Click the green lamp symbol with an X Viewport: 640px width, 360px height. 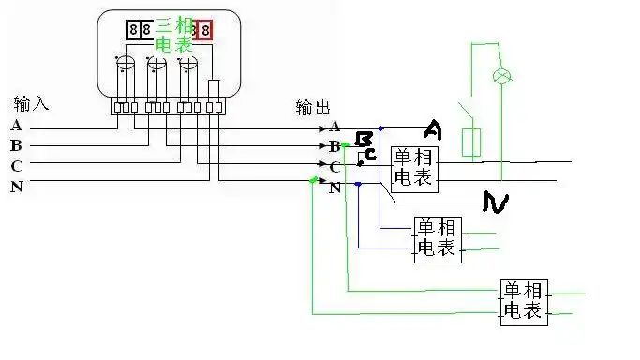pyautogui.click(x=501, y=75)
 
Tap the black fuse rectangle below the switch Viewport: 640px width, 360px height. pyautogui.click(x=472, y=142)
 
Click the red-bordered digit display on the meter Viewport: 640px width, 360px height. pyautogui.click(x=203, y=30)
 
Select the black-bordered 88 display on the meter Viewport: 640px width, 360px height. pyautogui.click(x=140, y=30)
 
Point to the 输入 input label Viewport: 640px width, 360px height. pyautogui.click(x=30, y=102)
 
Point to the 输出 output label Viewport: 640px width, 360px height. pyautogui.click(x=312, y=107)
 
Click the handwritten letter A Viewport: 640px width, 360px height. pyautogui.click(x=434, y=128)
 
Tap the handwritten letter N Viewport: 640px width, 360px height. pyautogui.click(x=495, y=201)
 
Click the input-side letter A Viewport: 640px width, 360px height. pyautogui.click(x=16, y=126)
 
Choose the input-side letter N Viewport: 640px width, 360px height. pyautogui.click(x=16, y=187)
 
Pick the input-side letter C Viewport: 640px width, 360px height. pyautogui.click(x=16, y=166)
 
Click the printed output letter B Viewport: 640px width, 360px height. pyautogui.click(x=335, y=146)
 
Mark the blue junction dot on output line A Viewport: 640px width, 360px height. pyautogui.click(x=380, y=127)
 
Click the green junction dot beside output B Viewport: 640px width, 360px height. pyautogui.click(x=346, y=145)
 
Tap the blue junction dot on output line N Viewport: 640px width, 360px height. pyautogui.click(x=359, y=185)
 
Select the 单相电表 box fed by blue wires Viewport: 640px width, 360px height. pyautogui.click(x=436, y=238)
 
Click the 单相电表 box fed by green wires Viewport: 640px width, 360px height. pyautogui.click(x=524, y=302)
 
